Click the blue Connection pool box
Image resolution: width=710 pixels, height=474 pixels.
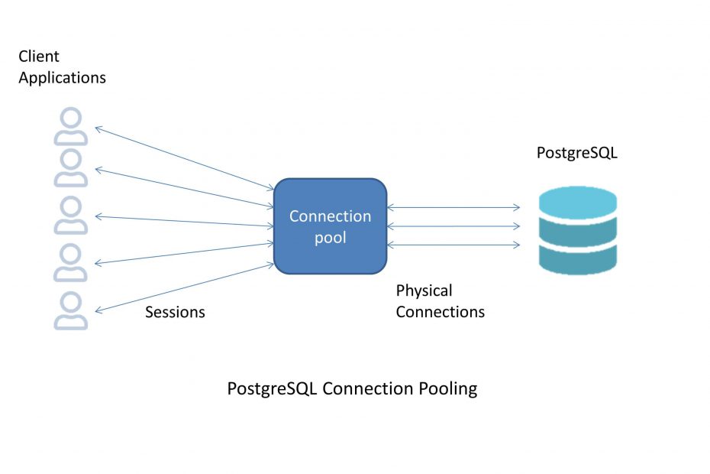tap(330, 226)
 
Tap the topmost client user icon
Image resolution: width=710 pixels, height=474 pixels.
tap(70, 127)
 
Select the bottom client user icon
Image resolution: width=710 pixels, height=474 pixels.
tap(70, 312)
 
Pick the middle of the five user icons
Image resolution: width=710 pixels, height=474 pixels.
tap(70, 219)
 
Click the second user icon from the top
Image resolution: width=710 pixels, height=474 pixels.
tap(70, 173)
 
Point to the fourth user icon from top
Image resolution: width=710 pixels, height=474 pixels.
tap(70, 266)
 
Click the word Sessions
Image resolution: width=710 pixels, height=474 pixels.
tap(175, 312)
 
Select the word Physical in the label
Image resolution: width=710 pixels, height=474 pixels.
tap(424, 291)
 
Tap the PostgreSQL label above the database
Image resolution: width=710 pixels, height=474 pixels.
tap(576, 153)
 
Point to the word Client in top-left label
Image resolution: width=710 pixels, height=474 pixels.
tap(39, 57)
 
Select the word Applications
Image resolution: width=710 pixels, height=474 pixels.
tap(62, 77)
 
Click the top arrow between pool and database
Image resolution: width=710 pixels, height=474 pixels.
tap(454, 207)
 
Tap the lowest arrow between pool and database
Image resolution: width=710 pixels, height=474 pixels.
tap(454, 245)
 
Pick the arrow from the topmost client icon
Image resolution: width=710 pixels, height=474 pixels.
tap(183, 157)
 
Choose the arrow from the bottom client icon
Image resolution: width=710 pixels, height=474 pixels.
tap(183, 287)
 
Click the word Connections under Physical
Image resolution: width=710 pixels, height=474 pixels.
tap(440, 312)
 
